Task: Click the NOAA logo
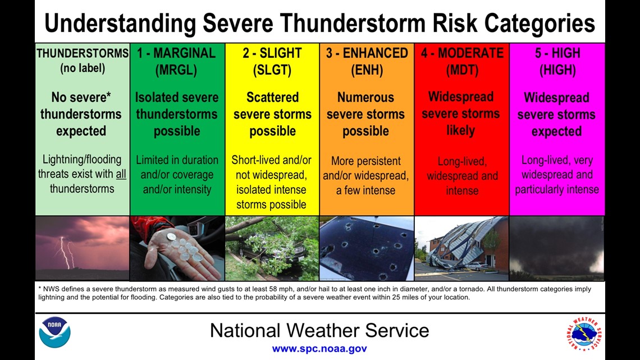54,332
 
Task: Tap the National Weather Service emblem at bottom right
584,334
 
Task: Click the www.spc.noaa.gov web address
319,349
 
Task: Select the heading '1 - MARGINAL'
176,53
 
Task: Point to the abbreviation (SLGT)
272,70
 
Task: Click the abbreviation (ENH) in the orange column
367,70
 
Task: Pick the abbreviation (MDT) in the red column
462,70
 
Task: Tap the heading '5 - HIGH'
557,53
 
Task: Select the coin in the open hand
171,236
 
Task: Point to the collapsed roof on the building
461,243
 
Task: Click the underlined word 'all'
121,174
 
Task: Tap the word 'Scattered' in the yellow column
273,97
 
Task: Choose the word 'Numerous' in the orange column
365,97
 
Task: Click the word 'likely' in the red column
461,131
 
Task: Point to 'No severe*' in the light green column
81,97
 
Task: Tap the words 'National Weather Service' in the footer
319,330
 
